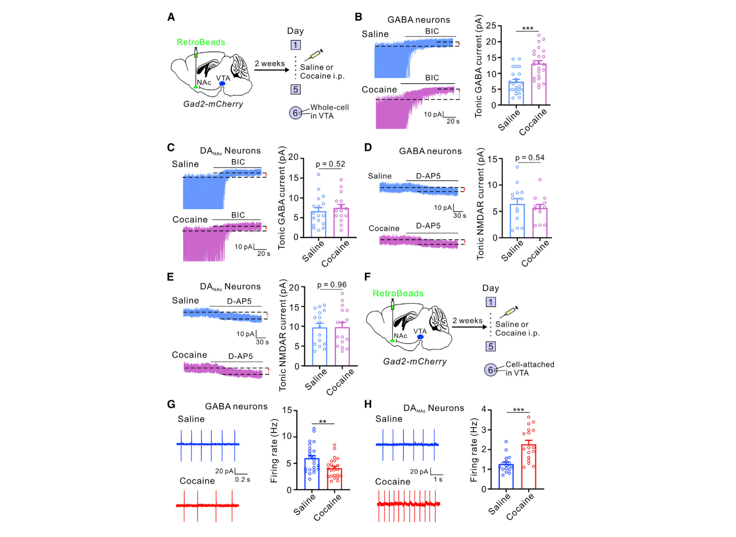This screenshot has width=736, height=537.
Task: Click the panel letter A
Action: point(171,17)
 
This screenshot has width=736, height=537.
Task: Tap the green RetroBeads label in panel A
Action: point(201,42)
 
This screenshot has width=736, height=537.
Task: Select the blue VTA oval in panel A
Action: point(222,84)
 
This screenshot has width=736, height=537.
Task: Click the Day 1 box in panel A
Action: point(295,45)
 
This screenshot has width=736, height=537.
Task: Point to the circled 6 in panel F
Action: point(490,370)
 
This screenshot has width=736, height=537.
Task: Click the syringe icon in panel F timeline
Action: point(511,311)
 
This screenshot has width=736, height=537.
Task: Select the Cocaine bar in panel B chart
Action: point(539,84)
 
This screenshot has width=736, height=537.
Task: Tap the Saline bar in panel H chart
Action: point(506,476)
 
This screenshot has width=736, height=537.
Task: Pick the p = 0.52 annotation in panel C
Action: point(330,164)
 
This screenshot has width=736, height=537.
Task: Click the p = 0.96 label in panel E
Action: point(332,285)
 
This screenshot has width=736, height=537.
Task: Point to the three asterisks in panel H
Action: point(518,410)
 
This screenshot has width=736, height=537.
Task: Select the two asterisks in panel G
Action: point(323,422)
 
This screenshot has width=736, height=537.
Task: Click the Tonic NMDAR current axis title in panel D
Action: point(480,204)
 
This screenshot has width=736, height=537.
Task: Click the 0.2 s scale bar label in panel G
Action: point(242,479)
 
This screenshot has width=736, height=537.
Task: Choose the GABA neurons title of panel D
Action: point(430,151)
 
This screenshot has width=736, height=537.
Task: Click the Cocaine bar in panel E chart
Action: point(342,347)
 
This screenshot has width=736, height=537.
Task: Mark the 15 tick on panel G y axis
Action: point(287,410)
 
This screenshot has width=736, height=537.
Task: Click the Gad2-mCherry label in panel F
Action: point(415,361)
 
